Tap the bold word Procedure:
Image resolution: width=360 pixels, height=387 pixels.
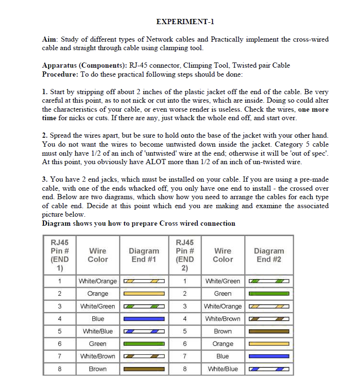tap(60, 74)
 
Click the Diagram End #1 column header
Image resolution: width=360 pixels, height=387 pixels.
tap(144, 255)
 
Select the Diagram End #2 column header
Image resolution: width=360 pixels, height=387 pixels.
tap(269, 255)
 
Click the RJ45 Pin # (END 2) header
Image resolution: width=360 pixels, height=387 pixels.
tap(184, 255)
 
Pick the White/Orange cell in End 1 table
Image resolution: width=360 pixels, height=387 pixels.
tap(98, 281)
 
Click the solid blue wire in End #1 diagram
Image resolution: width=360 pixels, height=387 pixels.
tap(144, 319)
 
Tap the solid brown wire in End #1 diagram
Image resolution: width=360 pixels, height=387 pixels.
tap(144, 369)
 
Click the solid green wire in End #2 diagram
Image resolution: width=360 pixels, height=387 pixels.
tap(269, 294)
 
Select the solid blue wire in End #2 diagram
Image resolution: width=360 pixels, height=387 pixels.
tap(269, 356)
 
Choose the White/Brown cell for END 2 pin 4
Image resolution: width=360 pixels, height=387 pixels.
tap(223, 319)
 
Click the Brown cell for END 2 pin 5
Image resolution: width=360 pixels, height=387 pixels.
tap(223, 331)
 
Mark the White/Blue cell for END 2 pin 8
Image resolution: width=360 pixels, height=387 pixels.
tap(223, 369)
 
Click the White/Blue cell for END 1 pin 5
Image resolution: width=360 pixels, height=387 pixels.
tap(98, 331)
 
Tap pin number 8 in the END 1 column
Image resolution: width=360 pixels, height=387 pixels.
tap(60, 369)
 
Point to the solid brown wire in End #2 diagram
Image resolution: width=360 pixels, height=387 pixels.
tap(269, 331)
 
